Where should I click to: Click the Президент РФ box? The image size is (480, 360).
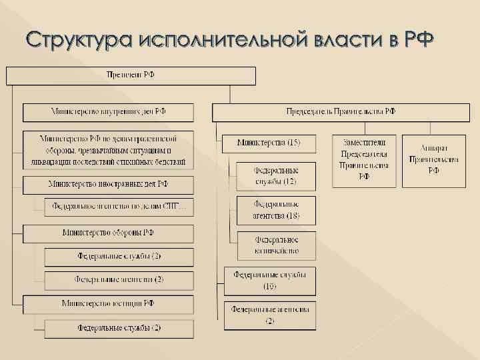coord(131,75)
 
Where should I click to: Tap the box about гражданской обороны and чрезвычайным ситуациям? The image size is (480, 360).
coord(109,151)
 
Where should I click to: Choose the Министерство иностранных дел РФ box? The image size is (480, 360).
coord(109,185)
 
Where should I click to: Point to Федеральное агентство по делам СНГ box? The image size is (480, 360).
coord(119,207)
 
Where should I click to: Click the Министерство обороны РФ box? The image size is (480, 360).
coord(109,233)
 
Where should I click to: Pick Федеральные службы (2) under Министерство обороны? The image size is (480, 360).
coord(119,257)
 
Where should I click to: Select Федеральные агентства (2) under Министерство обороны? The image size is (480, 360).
coord(119,279)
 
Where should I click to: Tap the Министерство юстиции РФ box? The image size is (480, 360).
coord(109,304)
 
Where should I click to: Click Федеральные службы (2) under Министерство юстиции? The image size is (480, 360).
coord(119,328)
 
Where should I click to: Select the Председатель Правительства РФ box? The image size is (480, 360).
coord(341,112)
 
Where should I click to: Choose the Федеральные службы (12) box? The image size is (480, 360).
coord(275,175)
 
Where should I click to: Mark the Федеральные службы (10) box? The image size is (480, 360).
coord(270,281)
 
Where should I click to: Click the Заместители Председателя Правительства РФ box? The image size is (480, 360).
coord(364,160)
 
